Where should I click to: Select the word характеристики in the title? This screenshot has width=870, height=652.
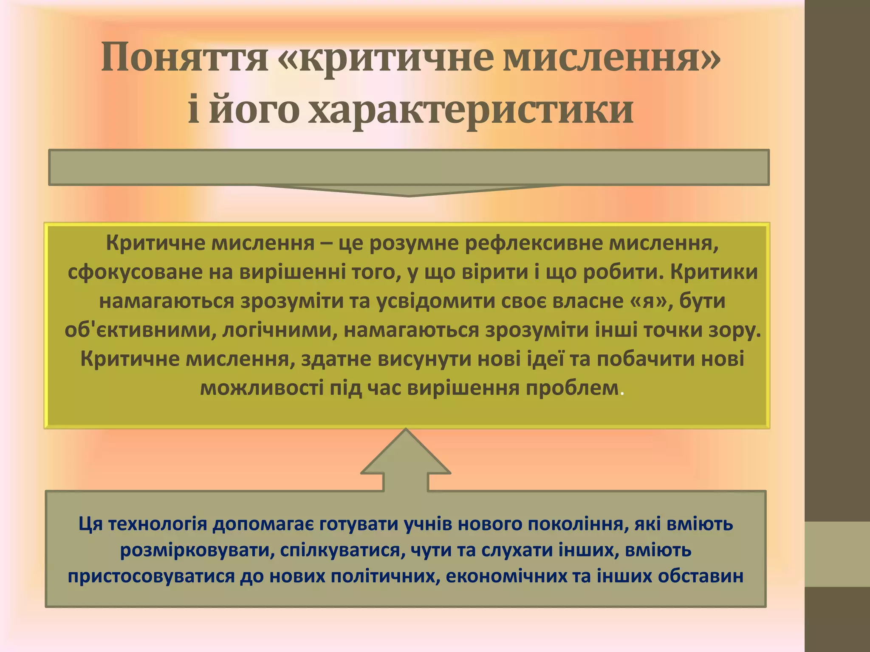click(x=471, y=110)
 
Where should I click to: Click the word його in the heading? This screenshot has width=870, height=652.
click(x=253, y=110)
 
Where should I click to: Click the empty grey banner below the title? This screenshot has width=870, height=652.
click(x=409, y=167)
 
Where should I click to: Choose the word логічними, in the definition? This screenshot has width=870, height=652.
click(x=280, y=330)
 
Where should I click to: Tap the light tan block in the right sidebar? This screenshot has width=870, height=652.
click(x=837, y=554)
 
